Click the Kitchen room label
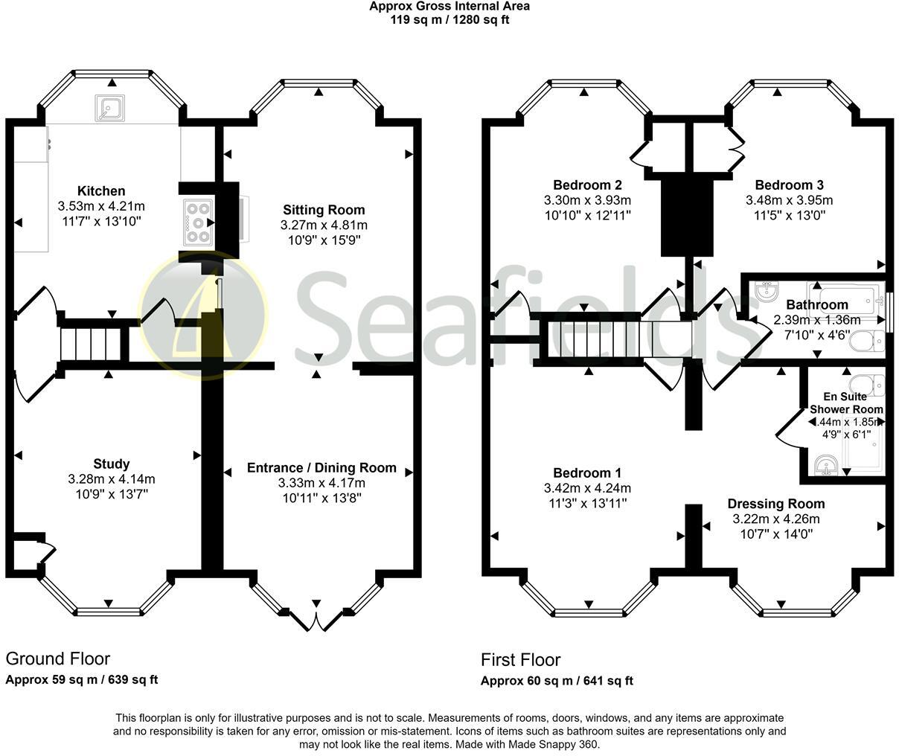pos(101,191)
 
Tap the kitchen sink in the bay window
pos(109,109)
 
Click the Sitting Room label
pos(324,210)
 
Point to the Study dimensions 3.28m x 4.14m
pos(112,479)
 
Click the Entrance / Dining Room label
pos(321,468)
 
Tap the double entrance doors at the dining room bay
pos(316,618)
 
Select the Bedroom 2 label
pos(587,185)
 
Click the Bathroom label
pos(816,304)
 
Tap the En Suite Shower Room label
pos(846,403)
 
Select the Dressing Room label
pos(775,504)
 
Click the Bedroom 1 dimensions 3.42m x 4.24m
pos(587,488)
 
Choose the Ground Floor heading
pos(57,659)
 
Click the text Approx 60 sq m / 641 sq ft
pos(557,680)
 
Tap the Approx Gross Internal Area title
pos(450,7)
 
